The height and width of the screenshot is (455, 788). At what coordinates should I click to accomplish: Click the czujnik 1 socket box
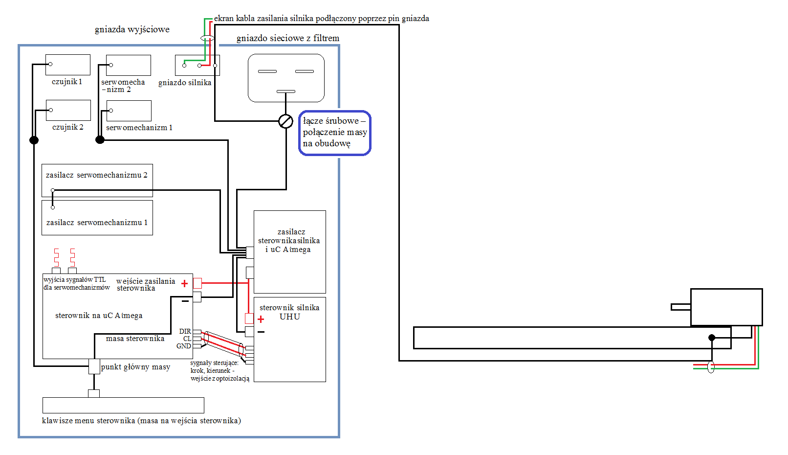pyautogui.click(x=68, y=65)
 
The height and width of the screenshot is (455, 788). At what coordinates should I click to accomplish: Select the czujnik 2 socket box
pyautogui.click(x=68, y=110)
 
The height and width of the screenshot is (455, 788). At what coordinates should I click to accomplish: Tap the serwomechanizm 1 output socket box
pyautogui.click(x=129, y=111)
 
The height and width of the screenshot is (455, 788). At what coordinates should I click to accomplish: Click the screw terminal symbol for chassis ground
pyautogui.click(x=285, y=121)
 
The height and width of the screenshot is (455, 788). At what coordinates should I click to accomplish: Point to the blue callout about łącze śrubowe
pyautogui.click(x=334, y=133)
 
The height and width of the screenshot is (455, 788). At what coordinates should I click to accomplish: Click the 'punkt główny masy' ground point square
pyautogui.click(x=94, y=366)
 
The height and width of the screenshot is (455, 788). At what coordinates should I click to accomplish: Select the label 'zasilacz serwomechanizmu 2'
pyautogui.click(x=97, y=175)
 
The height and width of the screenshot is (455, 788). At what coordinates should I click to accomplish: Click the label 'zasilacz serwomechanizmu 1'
pyautogui.click(x=97, y=222)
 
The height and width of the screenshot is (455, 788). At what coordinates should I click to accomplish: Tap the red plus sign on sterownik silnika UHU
pyautogui.click(x=261, y=319)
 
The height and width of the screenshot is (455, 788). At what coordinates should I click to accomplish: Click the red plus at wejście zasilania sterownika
pyautogui.click(x=185, y=283)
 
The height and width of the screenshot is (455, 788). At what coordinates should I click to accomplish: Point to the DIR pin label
pyautogui.click(x=185, y=331)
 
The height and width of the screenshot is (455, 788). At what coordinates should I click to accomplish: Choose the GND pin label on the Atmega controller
pyautogui.click(x=184, y=346)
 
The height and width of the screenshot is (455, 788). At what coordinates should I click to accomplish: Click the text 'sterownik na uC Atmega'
pyautogui.click(x=99, y=316)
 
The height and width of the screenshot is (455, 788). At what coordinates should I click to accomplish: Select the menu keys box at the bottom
pyautogui.click(x=123, y=405)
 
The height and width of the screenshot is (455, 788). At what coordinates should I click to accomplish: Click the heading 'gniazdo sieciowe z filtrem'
pyautogui.click(x=288, y=38)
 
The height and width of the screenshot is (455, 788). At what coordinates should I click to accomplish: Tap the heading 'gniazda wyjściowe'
pyautogui.click(x=132, y=29)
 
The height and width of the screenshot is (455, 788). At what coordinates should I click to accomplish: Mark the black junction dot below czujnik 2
pyautogui.click(x=34, y=140)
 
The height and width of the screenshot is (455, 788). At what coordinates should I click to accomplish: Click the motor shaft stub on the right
pyautogui.click(x=681, y=307)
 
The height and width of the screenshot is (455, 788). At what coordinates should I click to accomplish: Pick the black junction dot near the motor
pyautogui.click(x=712, y=338)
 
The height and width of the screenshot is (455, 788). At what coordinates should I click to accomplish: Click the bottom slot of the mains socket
pyautogui.click(x=285, y=91)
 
